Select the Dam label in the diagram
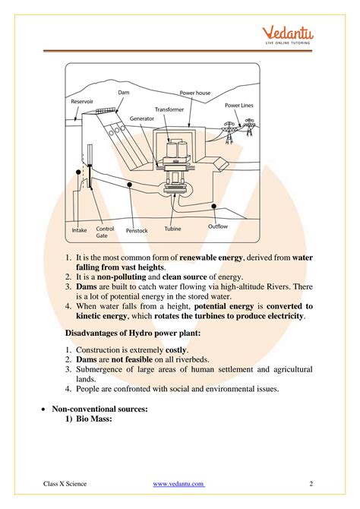pos(124,92)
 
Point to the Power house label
pos(195,93)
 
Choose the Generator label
pos(141,119)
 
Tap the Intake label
pos(79,229)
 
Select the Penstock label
pos(137,230)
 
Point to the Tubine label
pos(172,230)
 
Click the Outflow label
pos(218,226)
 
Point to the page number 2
pos(311,483)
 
